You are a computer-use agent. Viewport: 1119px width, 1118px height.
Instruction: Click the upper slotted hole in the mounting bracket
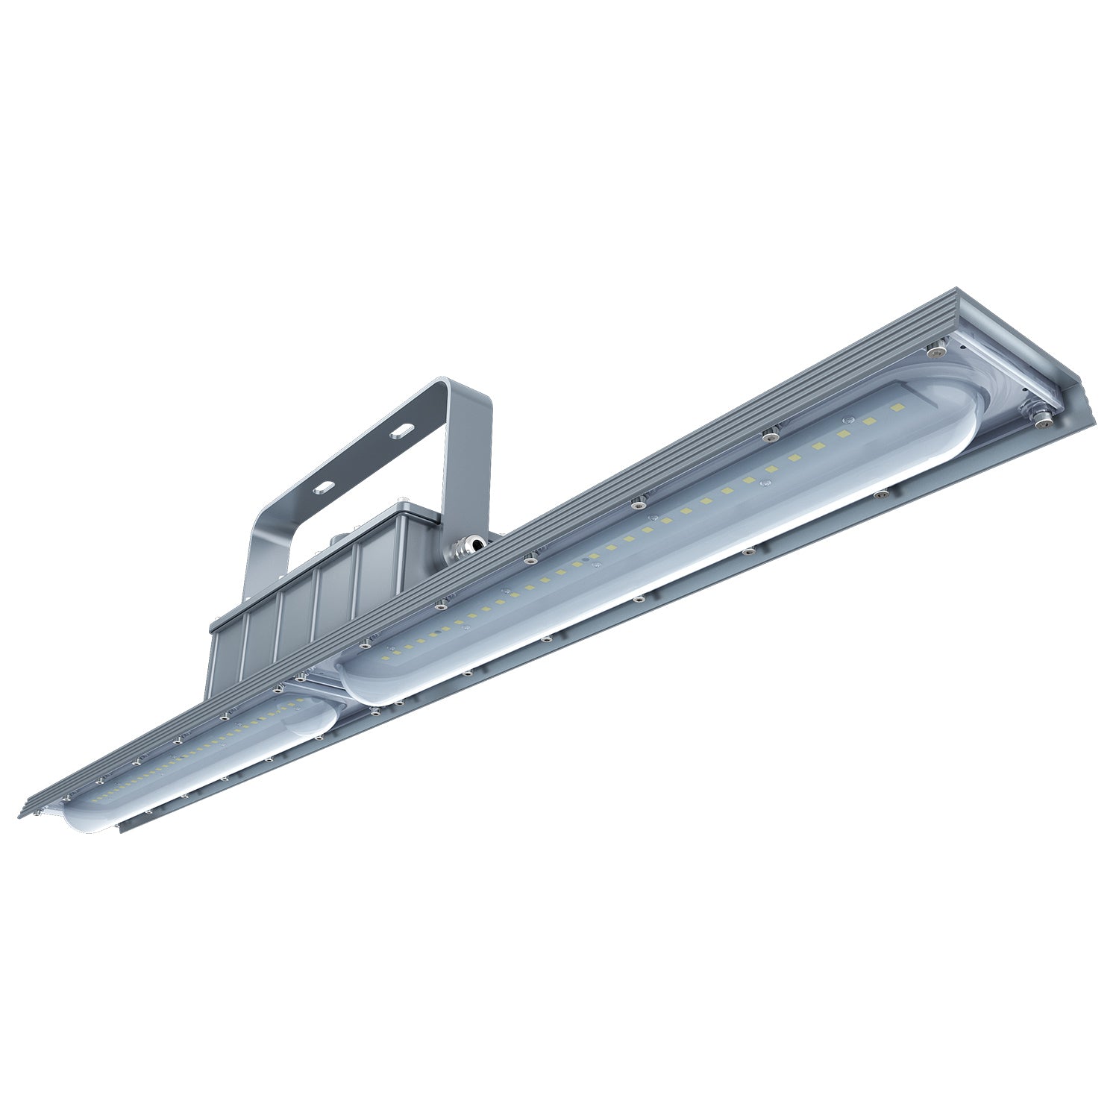(x=402, y=430)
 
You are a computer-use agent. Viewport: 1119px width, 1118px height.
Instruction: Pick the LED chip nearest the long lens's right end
(x=897, y=409)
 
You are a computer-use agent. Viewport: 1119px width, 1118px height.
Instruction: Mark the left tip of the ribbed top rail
(x=26, y=811)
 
